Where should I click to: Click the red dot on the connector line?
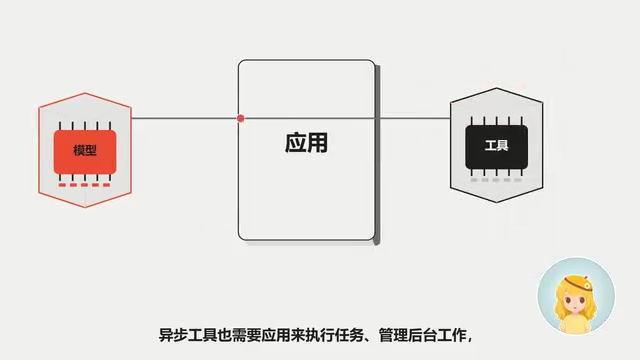click(x=240, y=118)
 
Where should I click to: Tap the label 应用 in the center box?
click(x=306, y=143)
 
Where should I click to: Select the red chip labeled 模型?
click(x=85, y=152)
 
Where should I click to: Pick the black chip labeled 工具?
click(x=496, y=147)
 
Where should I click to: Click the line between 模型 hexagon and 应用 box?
click(x=184, y=118)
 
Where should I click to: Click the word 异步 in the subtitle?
click(x=173, y=336)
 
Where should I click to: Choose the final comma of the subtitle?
click(x=469, y=339)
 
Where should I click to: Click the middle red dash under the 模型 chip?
click(x=84, y=185)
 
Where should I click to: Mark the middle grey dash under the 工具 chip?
click(x=496, y=180)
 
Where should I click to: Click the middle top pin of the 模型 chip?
click(x=85, y=126)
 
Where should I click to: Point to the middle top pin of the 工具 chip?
click(x=497, y=121)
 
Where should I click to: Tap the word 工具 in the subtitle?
click(x=202, y=336)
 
